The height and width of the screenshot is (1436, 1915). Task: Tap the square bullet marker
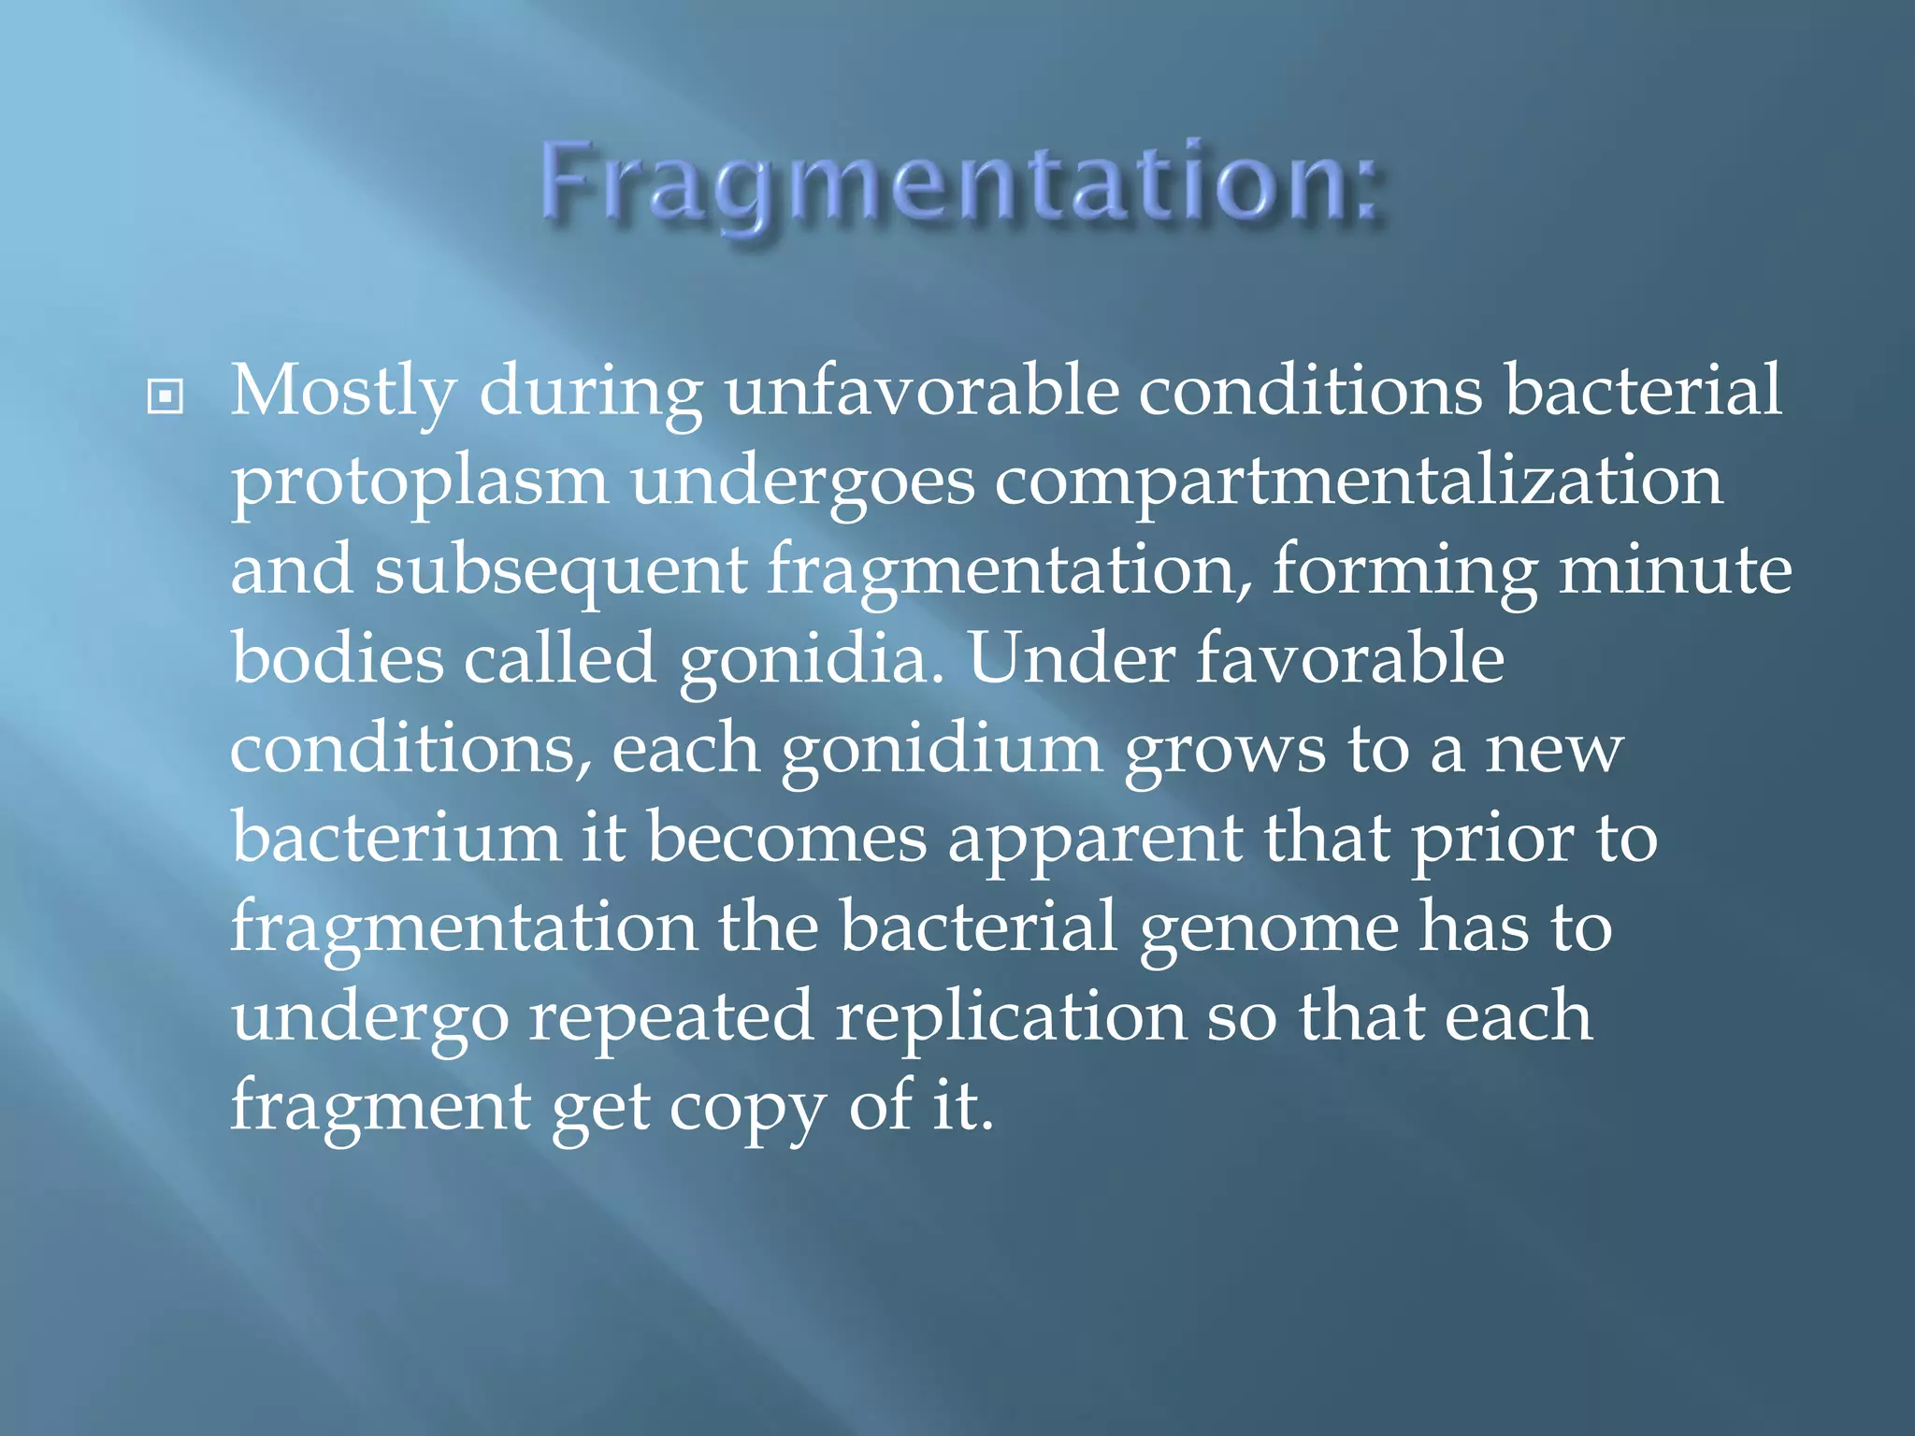(x=166, y=397)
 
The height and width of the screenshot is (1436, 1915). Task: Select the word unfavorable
(x=921, y=390)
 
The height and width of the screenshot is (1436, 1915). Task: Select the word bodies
(x=338, y=658)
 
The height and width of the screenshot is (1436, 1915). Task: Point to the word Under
(x=1072, y=658)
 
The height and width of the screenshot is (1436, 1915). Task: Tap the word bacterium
(x=396, y=837)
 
